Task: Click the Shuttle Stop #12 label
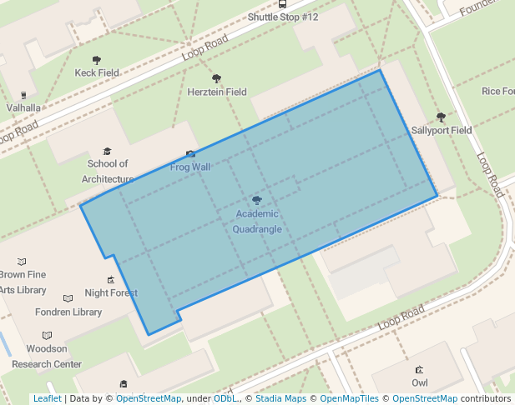[283, 17]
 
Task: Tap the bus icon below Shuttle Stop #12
[282, 4]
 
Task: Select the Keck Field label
[98, 73]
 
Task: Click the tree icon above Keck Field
[97, 60]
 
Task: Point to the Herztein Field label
[217, 92]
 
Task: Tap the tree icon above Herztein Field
[217, 78]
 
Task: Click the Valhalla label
[23, 107]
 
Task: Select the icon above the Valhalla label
[23, 95]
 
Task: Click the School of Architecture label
[108, 172]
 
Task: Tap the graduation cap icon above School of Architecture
[107, 151]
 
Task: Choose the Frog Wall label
[190, 167]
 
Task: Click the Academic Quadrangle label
[257, 222]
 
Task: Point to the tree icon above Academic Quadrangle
[257, 200]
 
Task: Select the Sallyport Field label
[442, 131]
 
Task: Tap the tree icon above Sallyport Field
[441, 117]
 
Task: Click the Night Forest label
[111, 293]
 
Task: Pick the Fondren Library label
[68, 312]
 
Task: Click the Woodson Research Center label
[47, 357]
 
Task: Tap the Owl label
[420, 382]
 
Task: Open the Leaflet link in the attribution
[47, 399]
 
